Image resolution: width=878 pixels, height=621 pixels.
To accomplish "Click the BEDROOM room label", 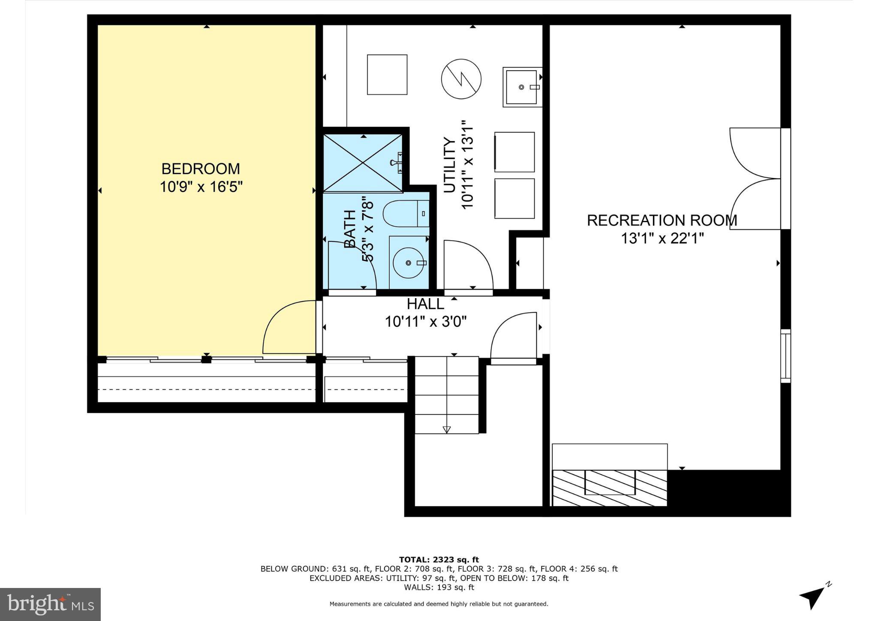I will coord(200,169).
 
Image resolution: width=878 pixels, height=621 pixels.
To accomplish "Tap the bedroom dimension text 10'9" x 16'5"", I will coord(201,187).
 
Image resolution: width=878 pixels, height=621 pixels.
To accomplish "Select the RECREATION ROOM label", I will coord(662,220).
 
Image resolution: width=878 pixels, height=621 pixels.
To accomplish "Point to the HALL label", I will coord(425,304).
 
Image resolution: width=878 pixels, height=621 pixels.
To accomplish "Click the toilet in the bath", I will coord(405,214).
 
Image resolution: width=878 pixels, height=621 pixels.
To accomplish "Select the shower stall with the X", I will coord(363,163).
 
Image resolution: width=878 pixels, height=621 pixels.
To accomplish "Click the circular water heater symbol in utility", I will coord(461,79).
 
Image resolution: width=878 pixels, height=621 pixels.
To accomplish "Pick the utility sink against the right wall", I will coord(521,87).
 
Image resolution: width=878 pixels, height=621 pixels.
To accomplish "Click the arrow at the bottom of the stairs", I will coord(446,429).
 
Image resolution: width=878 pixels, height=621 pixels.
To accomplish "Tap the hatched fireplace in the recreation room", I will coord(609,488).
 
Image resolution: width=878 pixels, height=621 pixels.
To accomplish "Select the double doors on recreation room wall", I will coord(755,178).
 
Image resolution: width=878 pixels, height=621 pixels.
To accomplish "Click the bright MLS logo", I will coord(50,604).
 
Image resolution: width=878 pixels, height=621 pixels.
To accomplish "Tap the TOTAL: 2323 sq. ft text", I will coord(439,560).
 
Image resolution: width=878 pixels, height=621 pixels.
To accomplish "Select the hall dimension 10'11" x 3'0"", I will coord(425,321).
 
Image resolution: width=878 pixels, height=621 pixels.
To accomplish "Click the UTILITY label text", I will coord(449,165).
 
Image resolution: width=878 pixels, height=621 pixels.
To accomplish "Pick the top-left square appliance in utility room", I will coord(387,75).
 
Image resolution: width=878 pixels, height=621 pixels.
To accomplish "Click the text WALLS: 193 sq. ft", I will coord(439,587).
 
